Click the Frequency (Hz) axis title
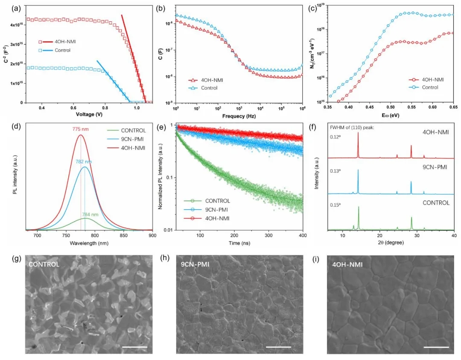click(233, 116)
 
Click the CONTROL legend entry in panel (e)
click(217, 201)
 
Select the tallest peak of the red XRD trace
click(358, 133)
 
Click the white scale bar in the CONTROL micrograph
click(134, 347)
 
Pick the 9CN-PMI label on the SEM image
click(195, 265)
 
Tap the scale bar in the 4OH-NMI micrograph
click(437, 347)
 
